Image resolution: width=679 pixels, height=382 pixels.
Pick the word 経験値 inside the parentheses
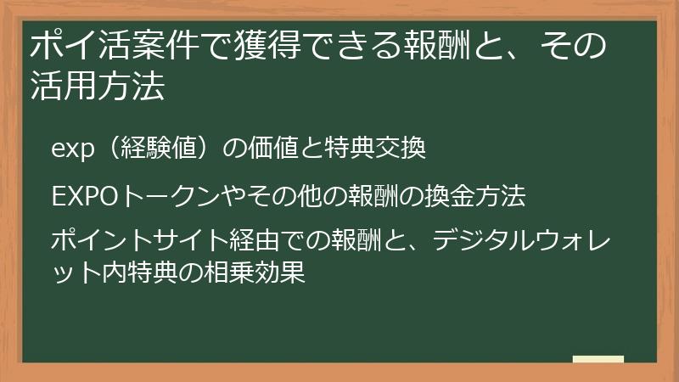pyautogui.click(x=158, y=149)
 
